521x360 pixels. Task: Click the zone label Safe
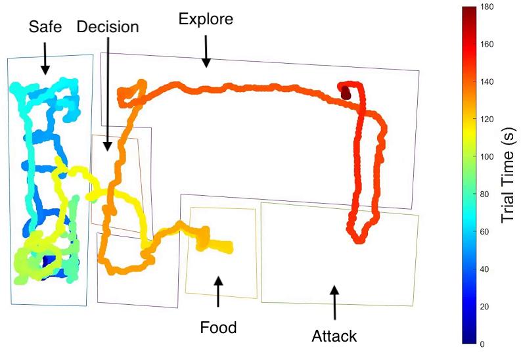(x=44, y=28)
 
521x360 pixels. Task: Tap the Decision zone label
(x=107, y=28)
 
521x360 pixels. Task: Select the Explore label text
(x=206, y=19)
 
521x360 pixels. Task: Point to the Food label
(x=219, y=326)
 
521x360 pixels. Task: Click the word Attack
(x=334, y=336)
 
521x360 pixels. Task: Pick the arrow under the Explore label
(x=206, y=51)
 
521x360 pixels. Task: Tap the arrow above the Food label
(x=219, y=291)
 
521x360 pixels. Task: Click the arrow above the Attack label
(x=334, y=300)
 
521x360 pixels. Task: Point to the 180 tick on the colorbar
(x=487, y=7)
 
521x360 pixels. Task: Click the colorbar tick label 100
(x=487, y=157)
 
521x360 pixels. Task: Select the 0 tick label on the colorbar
(x=484, y=344)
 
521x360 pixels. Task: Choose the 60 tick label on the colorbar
(x=486, y=232)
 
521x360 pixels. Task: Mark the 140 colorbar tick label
(x=487, y=82)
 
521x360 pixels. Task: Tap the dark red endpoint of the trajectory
(x=346, y=94)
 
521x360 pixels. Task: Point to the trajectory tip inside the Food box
(x=227, y=248)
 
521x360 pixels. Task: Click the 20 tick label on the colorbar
(x=486, y=307)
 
